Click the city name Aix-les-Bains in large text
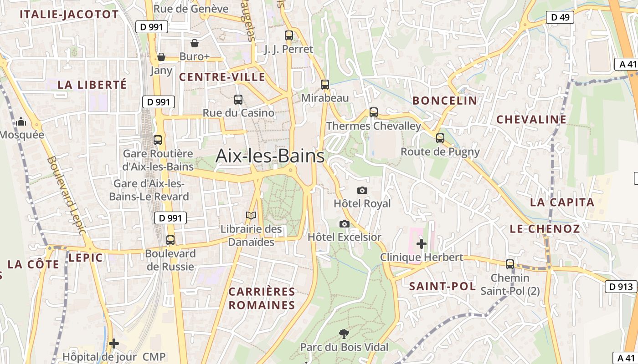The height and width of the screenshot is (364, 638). tap(270, 156)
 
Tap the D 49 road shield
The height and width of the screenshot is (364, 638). tap(560, 17)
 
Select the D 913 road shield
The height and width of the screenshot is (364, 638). tap(621, 286)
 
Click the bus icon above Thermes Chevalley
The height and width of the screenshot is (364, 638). tap(374, 112)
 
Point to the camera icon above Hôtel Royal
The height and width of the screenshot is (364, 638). tap(362, 190)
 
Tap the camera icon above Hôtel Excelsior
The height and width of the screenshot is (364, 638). tap(345, 224)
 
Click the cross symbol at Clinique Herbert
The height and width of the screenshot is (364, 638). tap(422, 244)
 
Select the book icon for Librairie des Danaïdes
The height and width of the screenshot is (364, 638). tap(251, 215)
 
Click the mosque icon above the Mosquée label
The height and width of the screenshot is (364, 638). tap(21, 121)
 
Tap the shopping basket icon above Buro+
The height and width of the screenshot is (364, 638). tap(195, 43)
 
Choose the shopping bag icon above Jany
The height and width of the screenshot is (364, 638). tap(161, 57)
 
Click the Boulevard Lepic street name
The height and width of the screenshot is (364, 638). tap(66, 196)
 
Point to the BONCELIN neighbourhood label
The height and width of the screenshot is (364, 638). tap(444, 101)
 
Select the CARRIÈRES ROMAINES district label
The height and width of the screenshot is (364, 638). tap(262, 298)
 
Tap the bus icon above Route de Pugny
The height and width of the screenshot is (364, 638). tap(440, 138)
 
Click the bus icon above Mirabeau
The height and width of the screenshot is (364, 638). tap(324, 84)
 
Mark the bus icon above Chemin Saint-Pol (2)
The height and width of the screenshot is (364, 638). tap(510, 264)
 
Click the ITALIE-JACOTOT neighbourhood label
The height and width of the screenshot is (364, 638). tap(69, 14)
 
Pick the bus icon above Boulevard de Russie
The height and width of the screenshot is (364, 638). tap(170, 240)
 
